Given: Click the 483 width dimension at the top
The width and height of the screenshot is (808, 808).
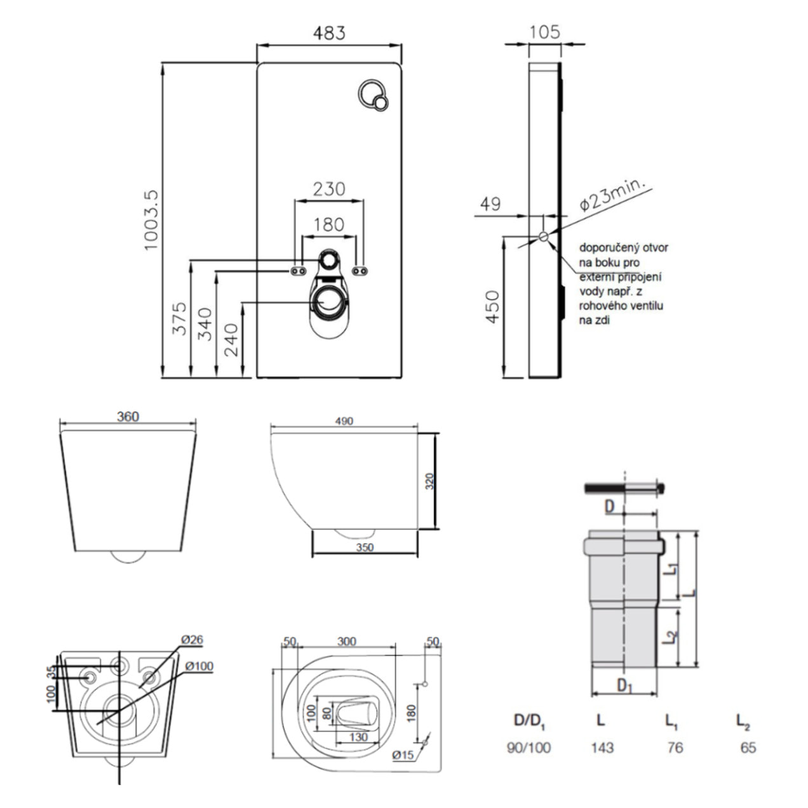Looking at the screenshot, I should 329,33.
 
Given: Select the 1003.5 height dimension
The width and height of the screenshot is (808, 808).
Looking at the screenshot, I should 151,220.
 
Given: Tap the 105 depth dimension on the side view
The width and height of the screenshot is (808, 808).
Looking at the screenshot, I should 544,32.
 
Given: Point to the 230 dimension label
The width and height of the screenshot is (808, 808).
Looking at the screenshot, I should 329,189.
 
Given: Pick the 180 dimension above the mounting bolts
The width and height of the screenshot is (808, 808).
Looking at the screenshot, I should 329,225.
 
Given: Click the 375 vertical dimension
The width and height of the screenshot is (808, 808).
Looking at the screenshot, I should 180,318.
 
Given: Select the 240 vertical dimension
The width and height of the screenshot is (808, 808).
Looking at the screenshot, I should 232,339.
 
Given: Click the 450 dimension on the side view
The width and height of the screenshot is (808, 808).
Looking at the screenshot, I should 493,306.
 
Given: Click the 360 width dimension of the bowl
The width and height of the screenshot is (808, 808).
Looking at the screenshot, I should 128,417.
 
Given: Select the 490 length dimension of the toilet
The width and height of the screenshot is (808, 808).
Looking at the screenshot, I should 344,421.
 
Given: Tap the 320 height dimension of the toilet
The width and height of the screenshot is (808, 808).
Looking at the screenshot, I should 429,481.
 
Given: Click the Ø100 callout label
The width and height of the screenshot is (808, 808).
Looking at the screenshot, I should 199,666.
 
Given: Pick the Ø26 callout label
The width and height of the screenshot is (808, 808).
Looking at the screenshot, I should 192,639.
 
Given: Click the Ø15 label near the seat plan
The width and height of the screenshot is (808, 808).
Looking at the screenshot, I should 403,755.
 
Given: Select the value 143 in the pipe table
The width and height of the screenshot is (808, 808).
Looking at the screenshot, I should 602,748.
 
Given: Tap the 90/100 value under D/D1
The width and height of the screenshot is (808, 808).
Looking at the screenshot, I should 529,748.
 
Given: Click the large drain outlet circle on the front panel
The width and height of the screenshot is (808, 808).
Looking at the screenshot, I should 329,300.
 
